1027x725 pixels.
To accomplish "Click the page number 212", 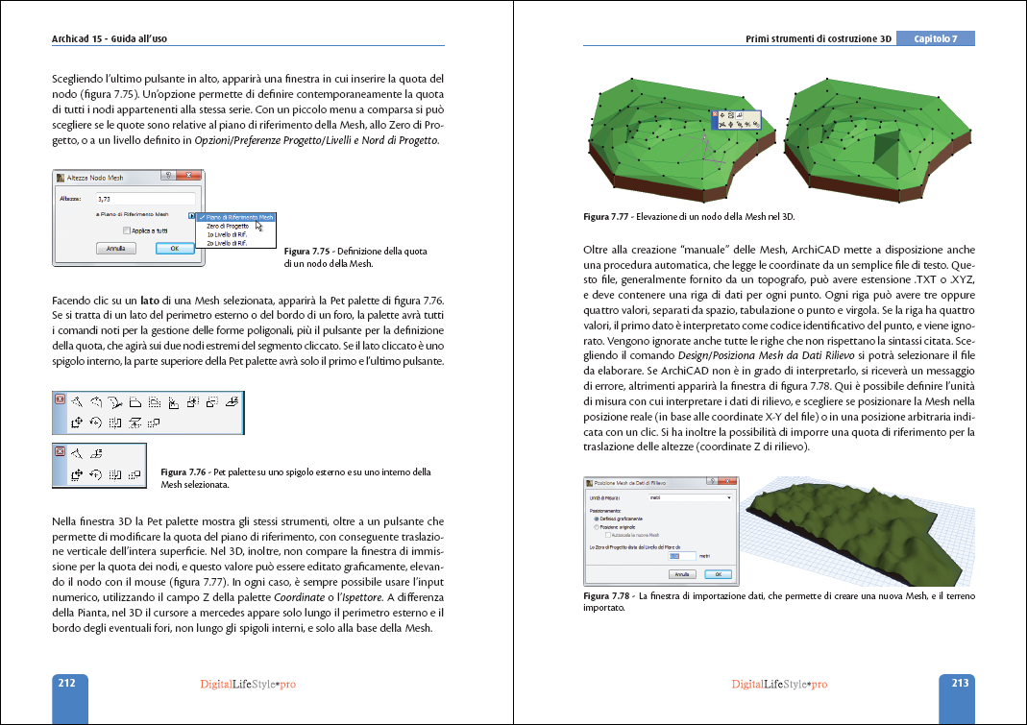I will point(67,684).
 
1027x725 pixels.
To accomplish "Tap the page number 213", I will point(959,684).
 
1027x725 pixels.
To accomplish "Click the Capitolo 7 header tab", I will point(935,38).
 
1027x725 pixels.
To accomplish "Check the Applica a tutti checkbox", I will point(127,230).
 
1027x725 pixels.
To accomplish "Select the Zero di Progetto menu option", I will point(227,226).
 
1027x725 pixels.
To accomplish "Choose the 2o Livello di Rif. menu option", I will point(227,243).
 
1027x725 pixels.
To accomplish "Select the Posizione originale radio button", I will point(597,527).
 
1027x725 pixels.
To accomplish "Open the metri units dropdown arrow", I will point(729,497).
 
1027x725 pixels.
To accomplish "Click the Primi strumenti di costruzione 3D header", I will point(819,39).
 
